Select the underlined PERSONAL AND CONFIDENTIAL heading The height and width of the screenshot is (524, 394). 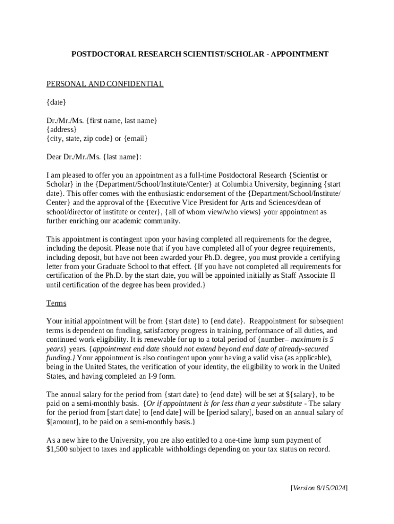point(105,84)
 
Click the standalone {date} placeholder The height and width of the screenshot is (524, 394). point(56,102)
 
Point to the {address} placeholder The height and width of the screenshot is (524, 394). point(61,129)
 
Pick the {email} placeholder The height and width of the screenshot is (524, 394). point(136,139)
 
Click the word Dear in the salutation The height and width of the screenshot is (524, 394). point(54,157)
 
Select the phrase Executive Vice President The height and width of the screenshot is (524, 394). point(189,203)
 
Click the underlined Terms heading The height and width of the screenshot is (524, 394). point(56,303)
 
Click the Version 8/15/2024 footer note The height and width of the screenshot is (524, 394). point(319,488)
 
